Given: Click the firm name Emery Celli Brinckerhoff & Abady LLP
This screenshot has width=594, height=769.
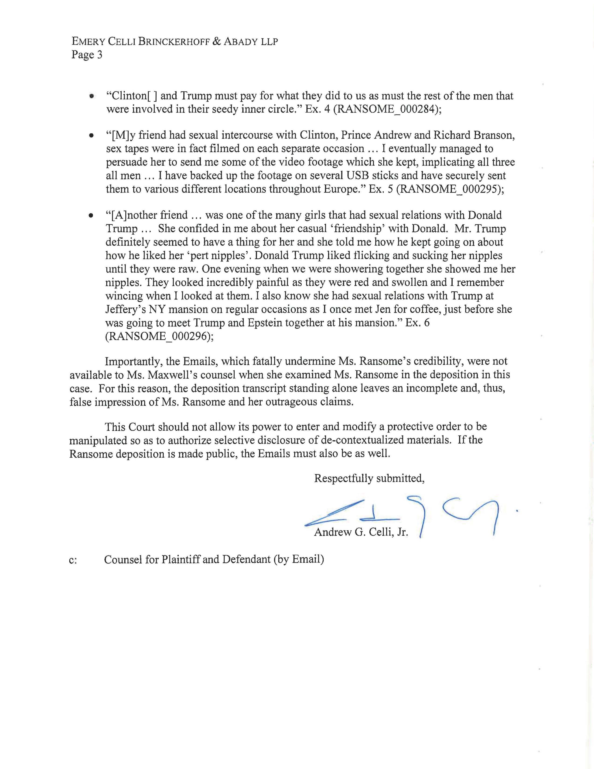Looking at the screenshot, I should click(174, 41).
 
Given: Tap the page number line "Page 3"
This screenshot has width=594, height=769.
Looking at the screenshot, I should click(87, 55).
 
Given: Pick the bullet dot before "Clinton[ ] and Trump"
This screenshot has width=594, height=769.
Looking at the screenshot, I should click(92, 96).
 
